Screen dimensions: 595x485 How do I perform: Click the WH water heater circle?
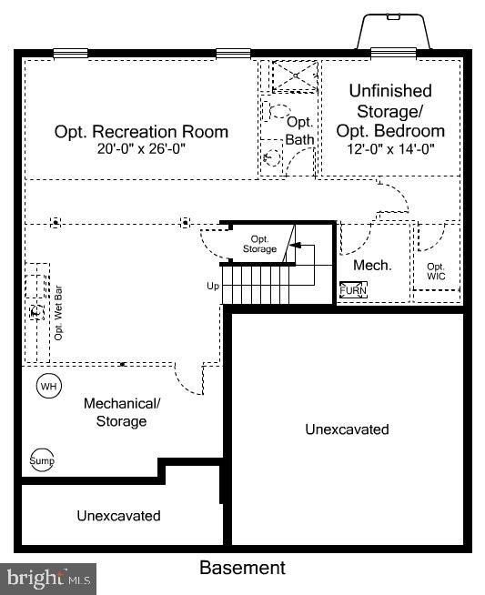(48, 386)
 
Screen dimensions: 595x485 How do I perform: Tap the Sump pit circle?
(43, 460)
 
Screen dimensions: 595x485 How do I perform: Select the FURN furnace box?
(353, 290)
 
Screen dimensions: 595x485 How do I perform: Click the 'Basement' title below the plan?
(242, 569)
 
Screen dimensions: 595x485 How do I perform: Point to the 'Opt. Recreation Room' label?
(141, 132)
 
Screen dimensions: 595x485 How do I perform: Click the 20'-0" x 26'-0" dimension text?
(141, 149)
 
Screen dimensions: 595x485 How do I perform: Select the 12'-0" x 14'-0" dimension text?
(390, 149)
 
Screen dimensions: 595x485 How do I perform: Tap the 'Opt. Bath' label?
(299, 130)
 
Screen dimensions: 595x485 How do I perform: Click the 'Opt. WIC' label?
(437, 271)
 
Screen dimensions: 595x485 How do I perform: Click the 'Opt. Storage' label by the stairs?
(259, 243)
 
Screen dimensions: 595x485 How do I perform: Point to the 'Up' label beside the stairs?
(213, 286)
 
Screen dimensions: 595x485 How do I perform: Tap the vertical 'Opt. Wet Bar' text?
(58, 314)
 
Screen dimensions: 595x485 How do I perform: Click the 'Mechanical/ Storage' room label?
(121, 412)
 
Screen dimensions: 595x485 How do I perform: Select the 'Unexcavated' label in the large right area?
(347, 429)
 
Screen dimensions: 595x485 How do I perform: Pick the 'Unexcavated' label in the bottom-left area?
(118, 516)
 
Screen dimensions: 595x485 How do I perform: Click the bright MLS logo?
(49, 577)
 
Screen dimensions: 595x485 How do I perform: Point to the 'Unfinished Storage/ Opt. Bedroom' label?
(390, 110)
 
